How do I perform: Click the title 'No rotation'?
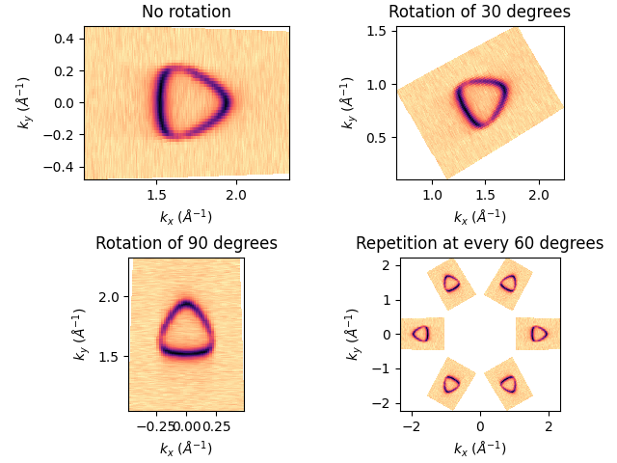point(186,13)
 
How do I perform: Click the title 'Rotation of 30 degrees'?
point(479,13)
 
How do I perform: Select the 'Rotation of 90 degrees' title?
point(186,243)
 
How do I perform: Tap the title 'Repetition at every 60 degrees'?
point(479,243)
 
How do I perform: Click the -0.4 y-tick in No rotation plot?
point(65,166)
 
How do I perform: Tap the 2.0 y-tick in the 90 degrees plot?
point(110,296)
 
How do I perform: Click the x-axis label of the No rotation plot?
point(186,216)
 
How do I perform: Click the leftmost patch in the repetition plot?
point(421,334)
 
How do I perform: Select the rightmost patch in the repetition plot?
point(538,334)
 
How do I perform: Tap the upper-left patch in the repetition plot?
point(451,283)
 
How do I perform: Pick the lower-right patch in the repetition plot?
point(508,384)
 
